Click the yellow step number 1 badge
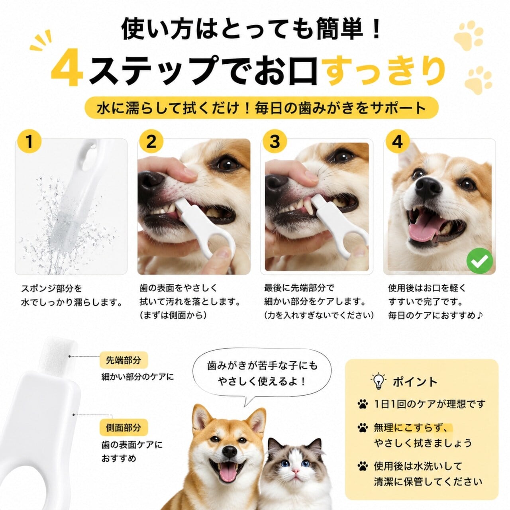pos(29,141)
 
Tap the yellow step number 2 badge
pos(151,141)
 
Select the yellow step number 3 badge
pos(275,141)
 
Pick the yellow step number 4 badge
pos(398,141)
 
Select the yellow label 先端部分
pos(124,360)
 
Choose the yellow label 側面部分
pos(124,428)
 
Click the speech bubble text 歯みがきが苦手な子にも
pos(262,365)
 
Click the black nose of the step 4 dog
pos(428,188)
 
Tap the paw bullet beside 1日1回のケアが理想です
pos(363,404)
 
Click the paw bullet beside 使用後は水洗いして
pos(363,466)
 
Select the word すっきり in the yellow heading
pos(384,71)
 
